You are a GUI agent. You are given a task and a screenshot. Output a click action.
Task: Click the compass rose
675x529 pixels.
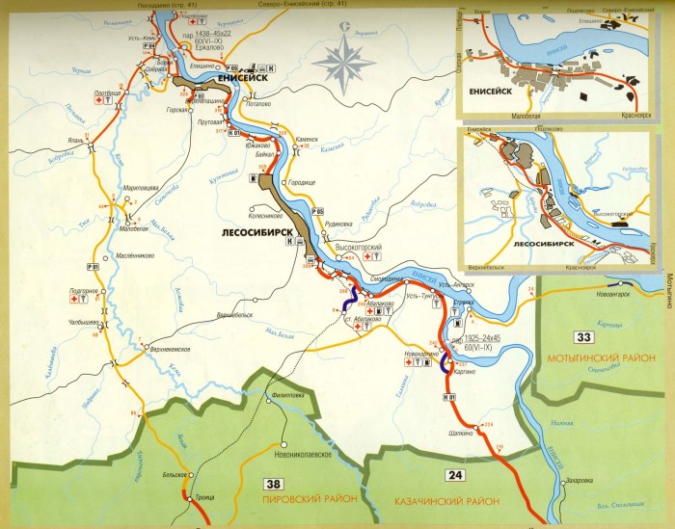pos(345,60)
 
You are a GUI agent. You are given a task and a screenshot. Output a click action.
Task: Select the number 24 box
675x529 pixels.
pos(454,473)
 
